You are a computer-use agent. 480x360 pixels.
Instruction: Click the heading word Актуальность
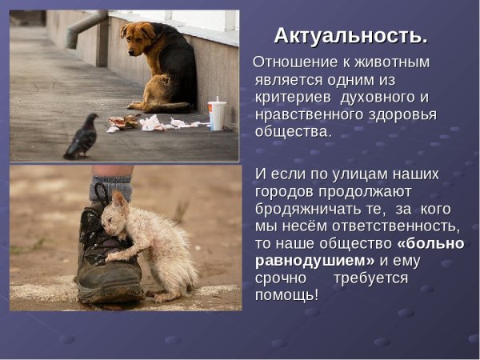[x=350, y=35]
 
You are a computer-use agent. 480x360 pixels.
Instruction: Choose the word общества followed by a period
[x=292, y=133]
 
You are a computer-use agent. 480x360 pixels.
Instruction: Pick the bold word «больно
[x=427, y=243]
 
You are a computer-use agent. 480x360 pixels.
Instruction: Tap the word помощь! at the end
[x=286, y=296]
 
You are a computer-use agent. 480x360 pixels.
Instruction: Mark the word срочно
[x=280, y=278]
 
